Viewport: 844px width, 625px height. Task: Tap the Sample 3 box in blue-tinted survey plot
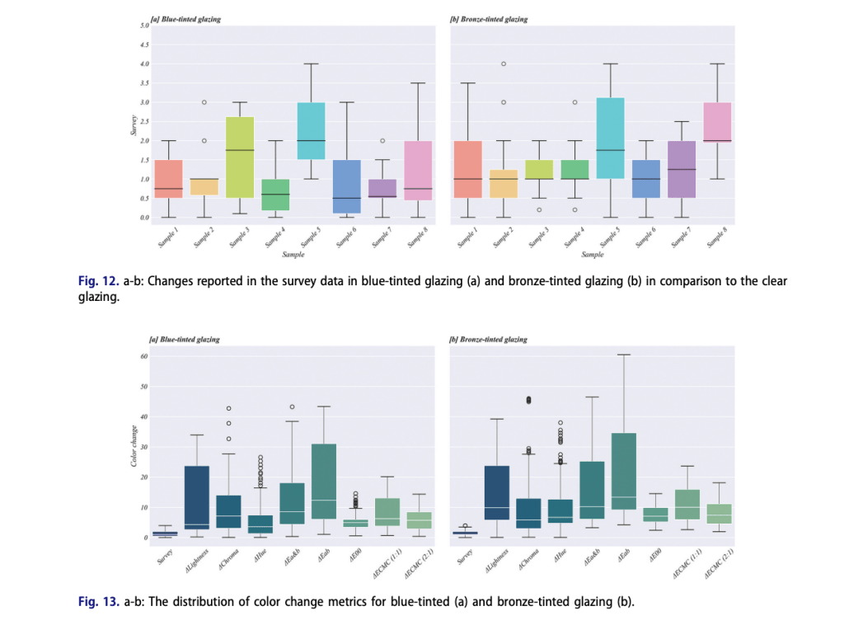[x=239, y=157]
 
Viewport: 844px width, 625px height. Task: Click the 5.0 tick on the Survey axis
[x=143, y=26]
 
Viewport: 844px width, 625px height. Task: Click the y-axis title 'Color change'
[x=134, y=446]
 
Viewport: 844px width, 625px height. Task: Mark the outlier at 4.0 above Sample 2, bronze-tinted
[x=503, y=63]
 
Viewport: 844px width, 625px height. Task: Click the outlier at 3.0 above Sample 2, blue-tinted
[x=204, y=102]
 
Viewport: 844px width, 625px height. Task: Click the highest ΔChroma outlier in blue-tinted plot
[x=227, y=408]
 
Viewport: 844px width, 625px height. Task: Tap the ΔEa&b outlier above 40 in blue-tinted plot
[x=292, y=406]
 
